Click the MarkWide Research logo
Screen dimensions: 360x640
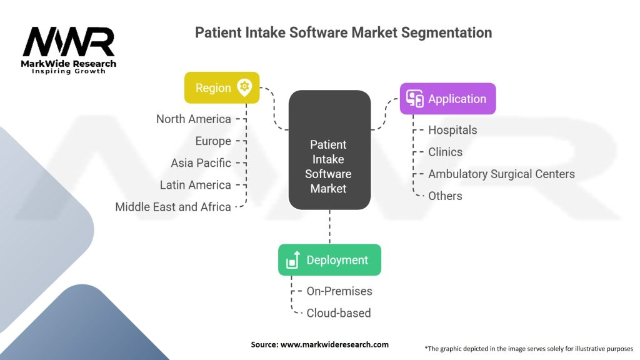[x=69, y=50]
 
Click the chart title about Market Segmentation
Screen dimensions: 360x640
[x=343, y=32]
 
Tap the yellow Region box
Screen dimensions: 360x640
[x=222, y=87]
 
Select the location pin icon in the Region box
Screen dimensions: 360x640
[x=244, y=87]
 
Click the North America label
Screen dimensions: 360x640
[x=194, y=119]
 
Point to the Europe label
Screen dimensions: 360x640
[x=213, y=141]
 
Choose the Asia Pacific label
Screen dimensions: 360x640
[x=201, y=163]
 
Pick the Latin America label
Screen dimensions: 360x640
[x=196, y=185]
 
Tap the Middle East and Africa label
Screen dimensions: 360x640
[x=173, y=207]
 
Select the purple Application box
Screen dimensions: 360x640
[x=447, y=99]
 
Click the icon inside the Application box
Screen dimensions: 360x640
[x=415, y=99]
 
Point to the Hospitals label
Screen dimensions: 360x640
[x=452, y=130]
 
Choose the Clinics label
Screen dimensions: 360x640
[x=446, y=152]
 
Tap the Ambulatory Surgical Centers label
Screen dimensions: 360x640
[x=501, y=174]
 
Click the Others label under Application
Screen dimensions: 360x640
[x=445, y=196]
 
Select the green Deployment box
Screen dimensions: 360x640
[x=329, y=260]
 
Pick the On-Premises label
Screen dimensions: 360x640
[x=339, y=291]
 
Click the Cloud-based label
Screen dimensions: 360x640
[x=339, y=313]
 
